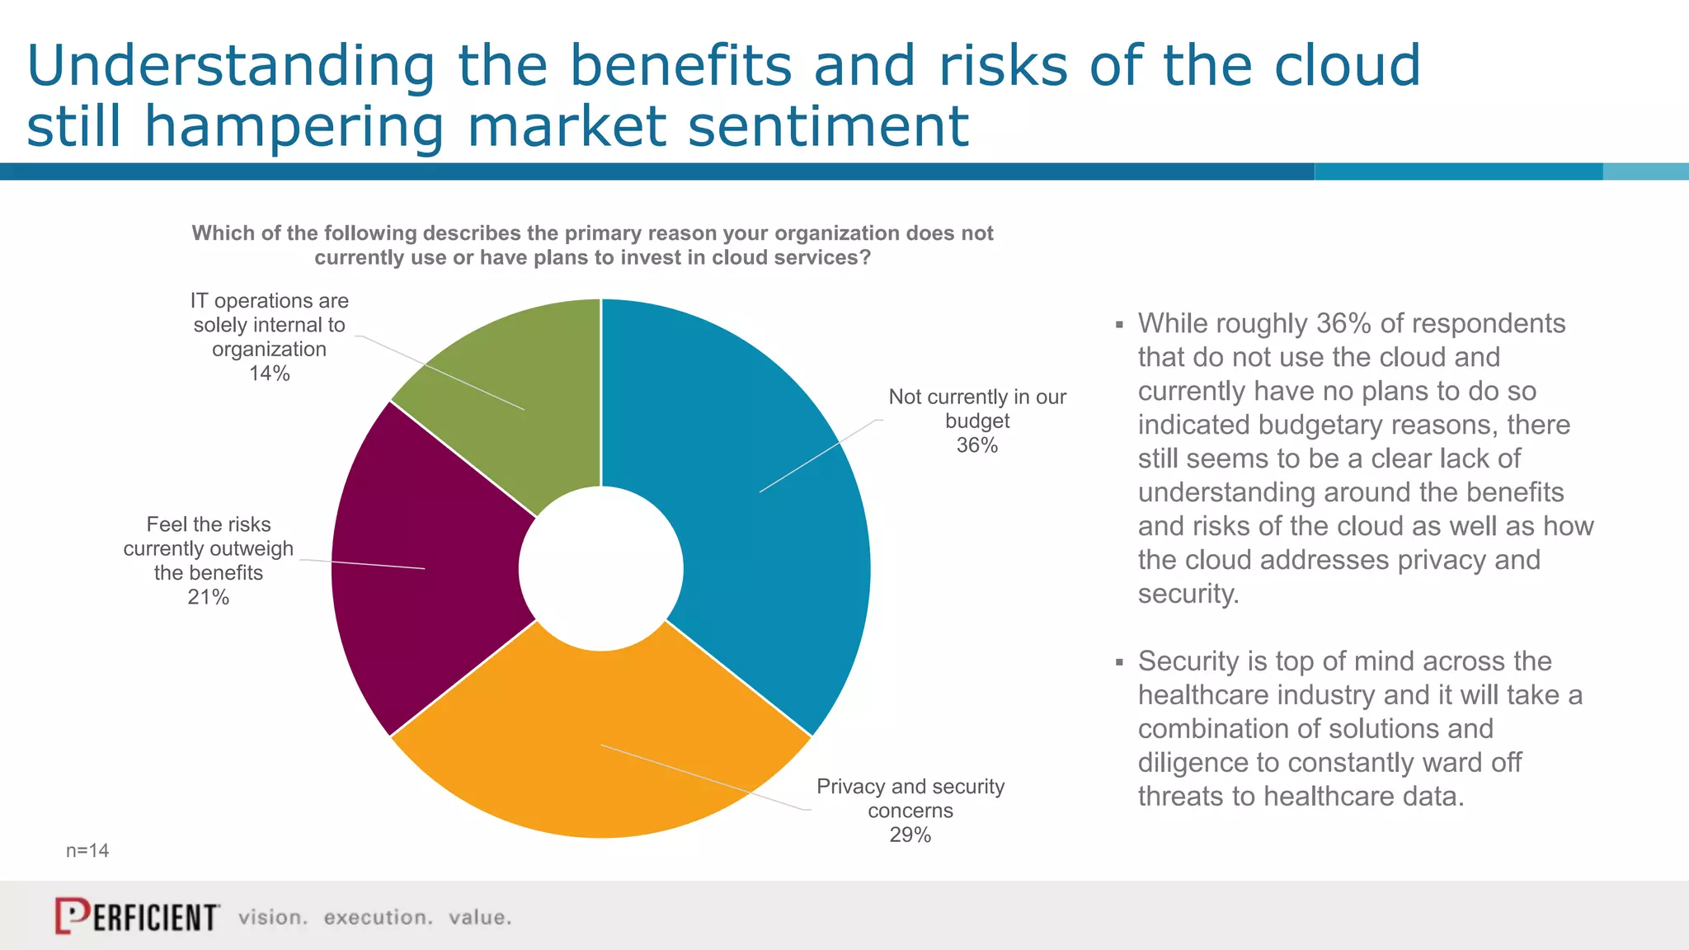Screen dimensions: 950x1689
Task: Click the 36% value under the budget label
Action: (x=977, y=445)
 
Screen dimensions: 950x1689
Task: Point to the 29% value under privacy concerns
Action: (x=910, y=835)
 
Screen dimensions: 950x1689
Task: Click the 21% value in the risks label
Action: (x=208, y=597)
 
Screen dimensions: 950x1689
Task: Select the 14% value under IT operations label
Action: (x=270, y=374)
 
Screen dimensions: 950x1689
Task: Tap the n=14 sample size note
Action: (x=87, y=850)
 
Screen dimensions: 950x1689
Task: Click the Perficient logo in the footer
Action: (x=137, y=916)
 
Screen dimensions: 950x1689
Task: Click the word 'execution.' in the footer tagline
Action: (x=378, y=917)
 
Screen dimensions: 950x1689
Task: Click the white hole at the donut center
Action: (x=601, y=568)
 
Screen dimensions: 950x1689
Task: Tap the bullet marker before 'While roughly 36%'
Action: (x=1119, y=325)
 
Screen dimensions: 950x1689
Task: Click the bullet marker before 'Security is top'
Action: (x=1119, y=662)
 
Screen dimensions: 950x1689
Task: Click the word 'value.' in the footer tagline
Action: (x=480, y=917)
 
